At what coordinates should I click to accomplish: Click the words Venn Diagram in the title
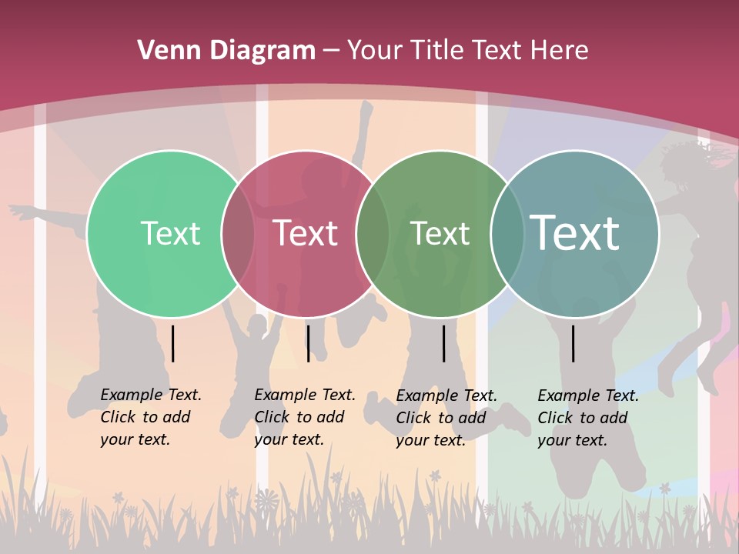click(226, 51)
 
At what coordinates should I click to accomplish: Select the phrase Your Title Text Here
click(467, 51)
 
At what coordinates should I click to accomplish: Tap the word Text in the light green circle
click(170, 233)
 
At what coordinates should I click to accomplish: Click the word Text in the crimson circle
click(306, 233)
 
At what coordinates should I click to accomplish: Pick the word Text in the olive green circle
click(440, 233)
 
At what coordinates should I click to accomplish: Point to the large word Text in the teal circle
click(574, 232)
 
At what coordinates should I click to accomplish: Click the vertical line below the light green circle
click(173, 343)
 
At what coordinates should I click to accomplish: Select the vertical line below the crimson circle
click(308, 343)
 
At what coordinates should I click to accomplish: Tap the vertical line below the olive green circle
click(443, 343)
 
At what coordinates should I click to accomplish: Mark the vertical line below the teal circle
click(573, 343)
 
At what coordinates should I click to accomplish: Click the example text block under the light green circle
click(151, 417)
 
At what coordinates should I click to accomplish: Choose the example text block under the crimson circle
click(305, 417)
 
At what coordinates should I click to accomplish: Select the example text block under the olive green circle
click(446, 418)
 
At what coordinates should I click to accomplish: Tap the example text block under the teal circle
click(588, 418)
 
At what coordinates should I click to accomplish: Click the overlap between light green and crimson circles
click(238, 233)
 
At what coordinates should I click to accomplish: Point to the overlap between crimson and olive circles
click(373, 233)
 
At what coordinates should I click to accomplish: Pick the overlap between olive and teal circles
click(507, 233)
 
